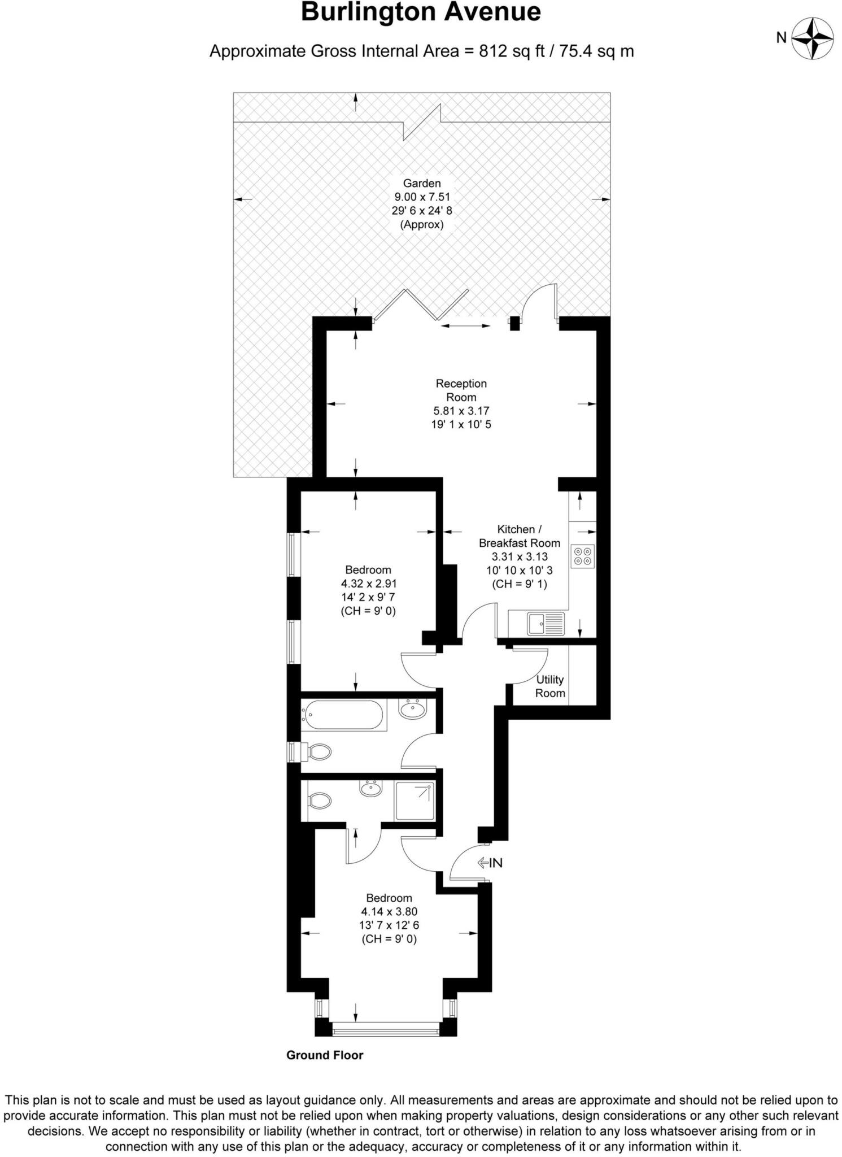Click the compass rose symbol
tap(812, 38)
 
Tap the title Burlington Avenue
tap(421, 12)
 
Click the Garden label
tap(421, 184)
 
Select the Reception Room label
tap(461, 390)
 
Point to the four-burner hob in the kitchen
tap(582, 555)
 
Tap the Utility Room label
tap(550, 686)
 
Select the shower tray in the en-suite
tap(415, 801)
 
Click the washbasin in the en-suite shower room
tap(371, 788)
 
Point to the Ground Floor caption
tap(325, 1055)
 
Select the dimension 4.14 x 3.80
tap(389, 911)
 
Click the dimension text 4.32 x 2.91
tap(368, 584)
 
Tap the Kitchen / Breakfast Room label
tap(520, 536)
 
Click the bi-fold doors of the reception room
tap(420, 306)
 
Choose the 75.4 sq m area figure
tap(598, 51)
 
